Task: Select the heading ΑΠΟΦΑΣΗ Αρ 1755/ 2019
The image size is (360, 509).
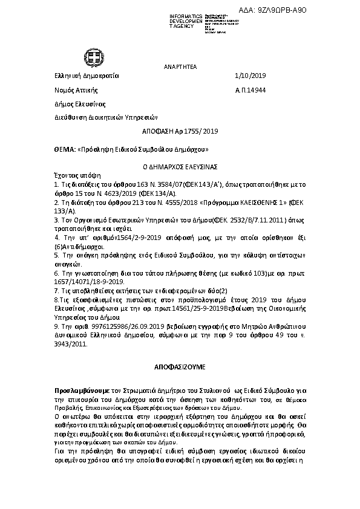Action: [180, 131]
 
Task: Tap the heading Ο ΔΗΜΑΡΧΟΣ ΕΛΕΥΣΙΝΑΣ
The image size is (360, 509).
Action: [180, 165]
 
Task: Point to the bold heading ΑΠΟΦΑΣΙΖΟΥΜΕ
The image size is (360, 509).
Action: [180, 366]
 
